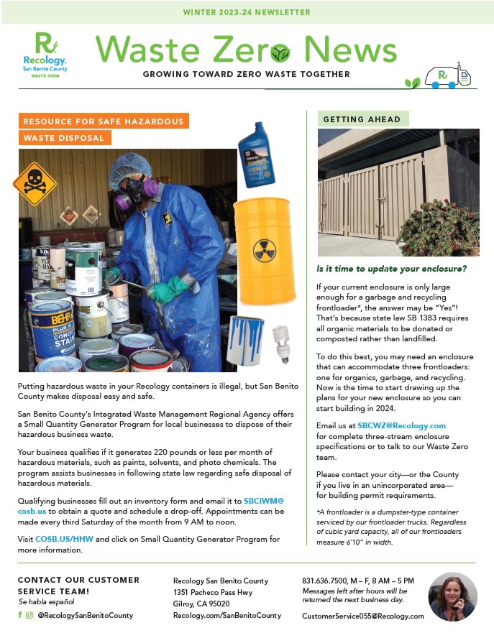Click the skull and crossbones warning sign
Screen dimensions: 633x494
click(34, 183)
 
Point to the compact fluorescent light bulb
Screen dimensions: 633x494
click(280, 343)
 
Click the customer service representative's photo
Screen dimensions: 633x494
click(452, 596)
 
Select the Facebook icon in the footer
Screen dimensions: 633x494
click(20, 615)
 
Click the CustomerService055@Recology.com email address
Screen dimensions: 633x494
click(362, 616)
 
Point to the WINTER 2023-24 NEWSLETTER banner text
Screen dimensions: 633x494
click(247, 12)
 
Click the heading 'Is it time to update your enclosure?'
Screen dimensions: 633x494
click(392, 269)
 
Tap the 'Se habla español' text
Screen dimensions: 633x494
click(46, 601)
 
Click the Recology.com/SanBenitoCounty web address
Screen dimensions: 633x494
click(227, 616)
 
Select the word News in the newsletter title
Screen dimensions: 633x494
click(349, 50)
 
